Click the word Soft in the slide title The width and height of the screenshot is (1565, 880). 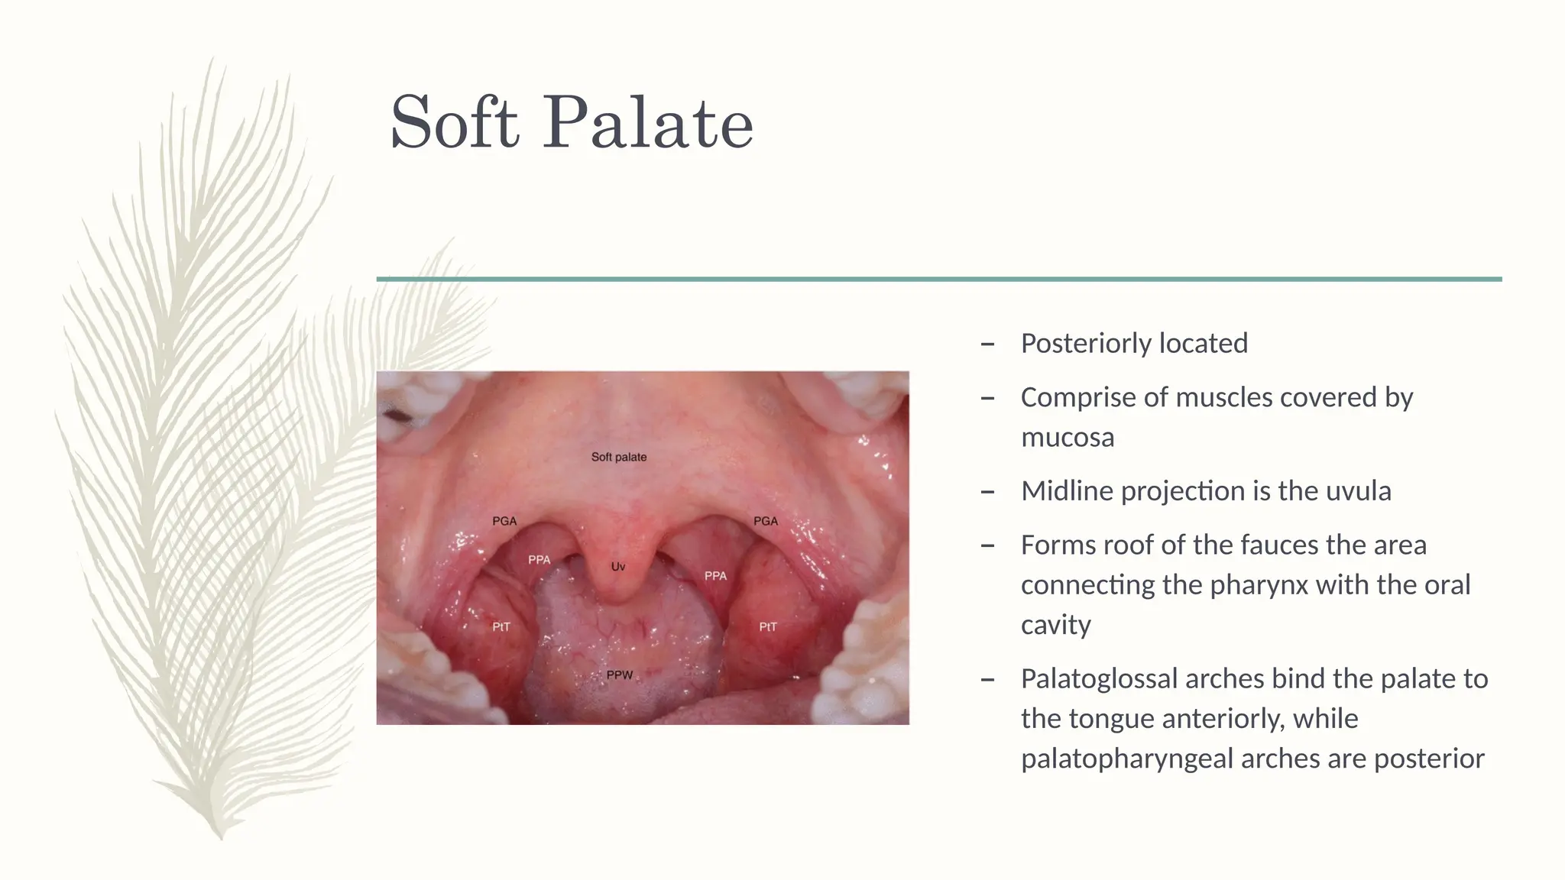(x=454, y=122)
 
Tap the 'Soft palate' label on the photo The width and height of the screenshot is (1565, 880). (x=619, y=457)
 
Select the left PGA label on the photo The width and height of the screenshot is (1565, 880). (x=504, y=521)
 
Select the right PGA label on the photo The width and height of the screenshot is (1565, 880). (x=766, y=521)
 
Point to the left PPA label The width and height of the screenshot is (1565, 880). (x=539, y=560)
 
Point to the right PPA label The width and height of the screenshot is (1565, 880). (x=715, y=576)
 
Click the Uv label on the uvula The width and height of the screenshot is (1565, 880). (x=618, y=567)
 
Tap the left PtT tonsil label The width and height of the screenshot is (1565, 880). (x=501, y=627)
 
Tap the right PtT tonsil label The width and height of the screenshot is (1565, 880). (x=768, y=627)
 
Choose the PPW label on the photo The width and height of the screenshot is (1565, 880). (x=620, y=675)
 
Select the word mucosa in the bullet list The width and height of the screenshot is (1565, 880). (x=1068, y=438)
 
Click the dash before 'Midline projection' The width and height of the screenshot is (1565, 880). (x=987, y=491)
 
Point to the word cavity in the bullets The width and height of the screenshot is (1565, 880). (x=1056, y=625)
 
